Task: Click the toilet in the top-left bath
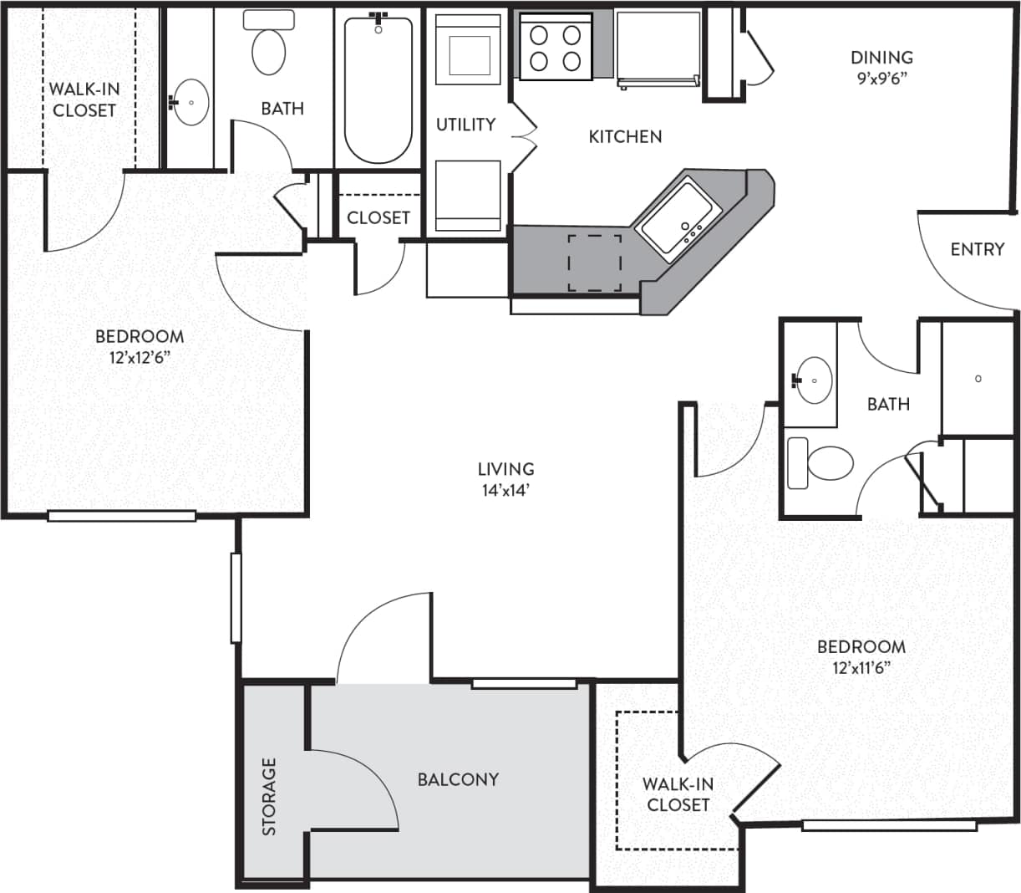[x=268, y=47]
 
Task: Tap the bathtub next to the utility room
[x=378, y=89]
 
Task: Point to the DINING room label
[x=881, y=58]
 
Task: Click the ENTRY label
[x=977, y=249]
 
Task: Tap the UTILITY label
[x=465, y=125]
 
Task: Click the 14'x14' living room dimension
[x=505, y=490]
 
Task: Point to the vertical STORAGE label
[x=269, y=796]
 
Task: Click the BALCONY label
[x=458, y=779]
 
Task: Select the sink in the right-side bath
[x=812, y=380]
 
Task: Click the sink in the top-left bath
[x=191, y=102]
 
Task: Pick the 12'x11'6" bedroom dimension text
[x=861, y=667]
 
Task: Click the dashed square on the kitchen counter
[x=595, y=263]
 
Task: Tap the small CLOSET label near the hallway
[x=378, y=217]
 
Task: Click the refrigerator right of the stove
[x=658, y=48]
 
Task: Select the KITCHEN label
[x=625, y=136]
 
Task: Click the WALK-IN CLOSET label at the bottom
[x=678, y=794]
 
